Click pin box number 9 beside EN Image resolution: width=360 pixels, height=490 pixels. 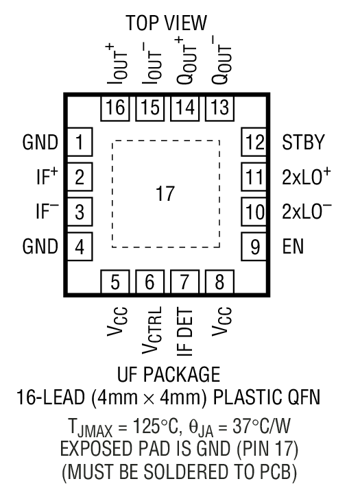pyautogui.click(x=253, y=245)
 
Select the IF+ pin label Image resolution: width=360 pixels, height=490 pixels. pyautogui.click(x=47, y=177)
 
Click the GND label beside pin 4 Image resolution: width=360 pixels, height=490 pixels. pyautogui.click(x=40, y=245)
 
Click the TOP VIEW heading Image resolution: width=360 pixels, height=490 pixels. pyautogui.click(x=167, y=23)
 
